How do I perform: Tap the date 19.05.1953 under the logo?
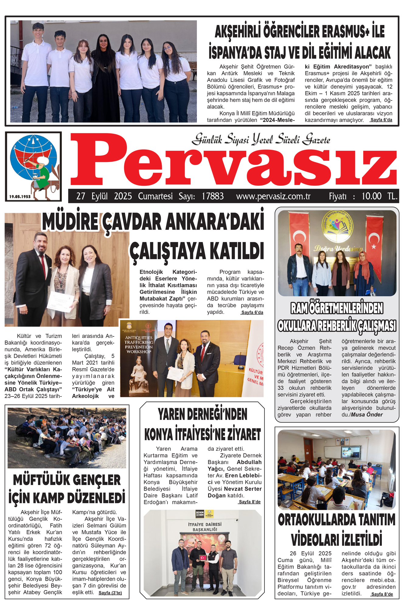click(x=20, y=196)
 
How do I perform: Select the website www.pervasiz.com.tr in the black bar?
click(x=273, y=196)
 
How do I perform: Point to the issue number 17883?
click(x=213, y=196)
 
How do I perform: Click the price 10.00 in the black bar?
click(x=372, y=196)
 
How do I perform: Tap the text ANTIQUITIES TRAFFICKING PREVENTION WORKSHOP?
click(x=139, y=344)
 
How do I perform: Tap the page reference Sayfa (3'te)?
click(x=110, y=593)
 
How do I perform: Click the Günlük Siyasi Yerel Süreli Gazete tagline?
click(x=261, y=139)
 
